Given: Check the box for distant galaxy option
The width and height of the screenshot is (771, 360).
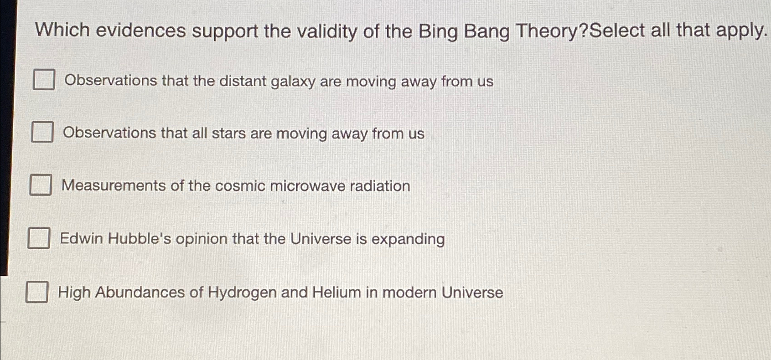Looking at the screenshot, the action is [44, 79].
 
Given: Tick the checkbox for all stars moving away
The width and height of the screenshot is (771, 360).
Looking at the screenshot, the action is [42, 132].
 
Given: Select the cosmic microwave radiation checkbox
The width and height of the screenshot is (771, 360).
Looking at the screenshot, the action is [41, 185].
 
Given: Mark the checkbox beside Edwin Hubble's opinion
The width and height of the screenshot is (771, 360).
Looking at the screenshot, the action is [39, 237].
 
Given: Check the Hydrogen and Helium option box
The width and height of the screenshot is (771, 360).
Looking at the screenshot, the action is [36, 292].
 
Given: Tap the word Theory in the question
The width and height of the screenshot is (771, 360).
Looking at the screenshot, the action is [548, 31].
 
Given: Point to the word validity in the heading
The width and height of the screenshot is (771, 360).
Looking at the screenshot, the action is [327, 32].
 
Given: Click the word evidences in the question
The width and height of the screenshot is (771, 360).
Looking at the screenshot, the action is [141, 31].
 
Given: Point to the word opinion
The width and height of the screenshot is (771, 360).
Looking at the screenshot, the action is [201, 240].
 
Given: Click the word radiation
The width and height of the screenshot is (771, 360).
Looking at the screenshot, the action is [380, 186].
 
